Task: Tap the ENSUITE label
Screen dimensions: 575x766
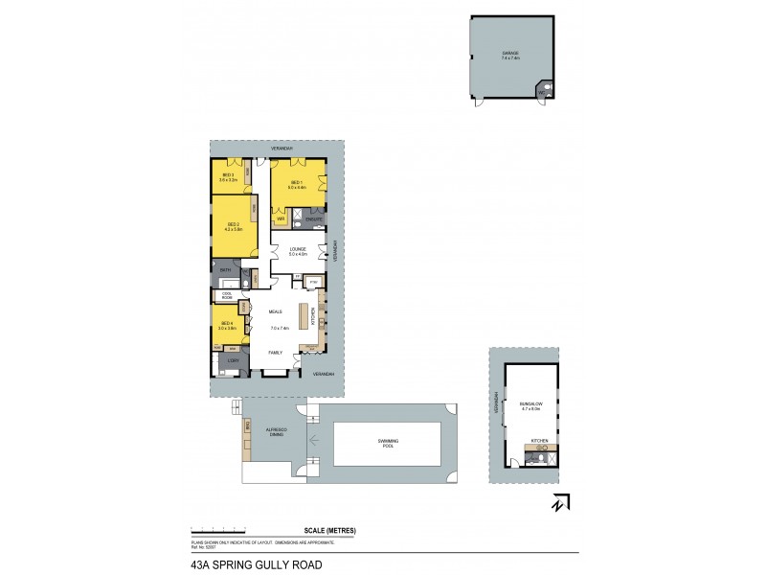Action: coord(313,219)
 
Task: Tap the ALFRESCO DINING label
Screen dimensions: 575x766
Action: coord(278,433)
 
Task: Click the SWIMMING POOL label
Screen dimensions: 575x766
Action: coord(388,442)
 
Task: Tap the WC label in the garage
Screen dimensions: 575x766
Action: coord(541,93)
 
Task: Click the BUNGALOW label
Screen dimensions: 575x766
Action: coord(530,406)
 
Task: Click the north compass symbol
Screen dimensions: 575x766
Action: coord(561,502)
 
